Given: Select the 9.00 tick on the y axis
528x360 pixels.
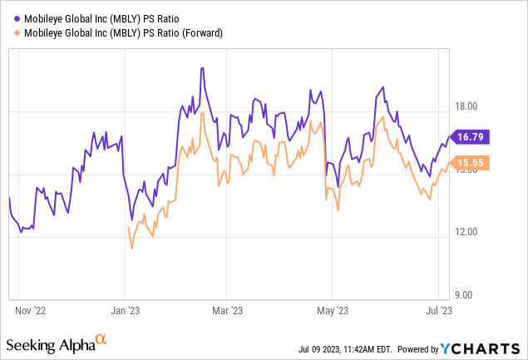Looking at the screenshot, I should click(x=469, y=295).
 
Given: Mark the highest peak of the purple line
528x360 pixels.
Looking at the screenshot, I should click(x=202, y=68).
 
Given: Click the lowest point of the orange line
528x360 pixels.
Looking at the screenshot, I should click(x=131, y=248).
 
